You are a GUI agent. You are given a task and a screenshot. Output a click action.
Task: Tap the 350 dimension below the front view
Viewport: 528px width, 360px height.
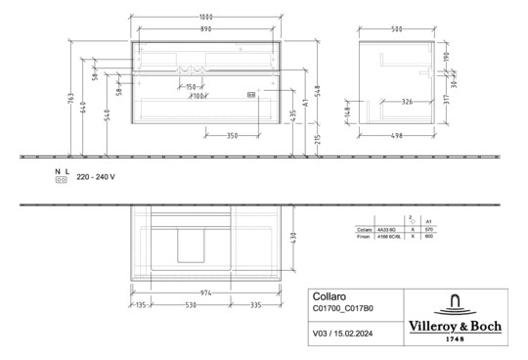tap(231, 135)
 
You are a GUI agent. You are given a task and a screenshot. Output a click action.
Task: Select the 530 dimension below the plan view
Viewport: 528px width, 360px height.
tap(195, 304)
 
